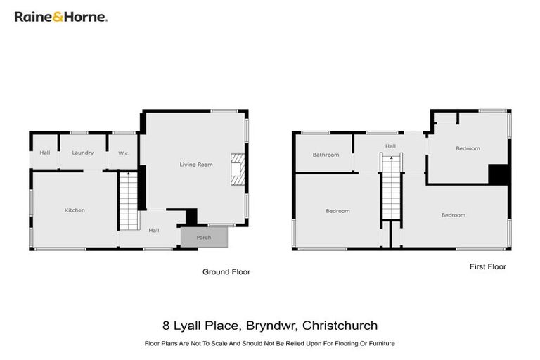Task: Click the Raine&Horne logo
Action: tap(61, 16)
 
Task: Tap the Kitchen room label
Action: tap(75, 210)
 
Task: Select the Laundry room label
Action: tap(83, 152)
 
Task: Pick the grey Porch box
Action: tap(204, 238)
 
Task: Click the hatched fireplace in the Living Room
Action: tap(236, 169)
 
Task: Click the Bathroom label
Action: tap(326, 155)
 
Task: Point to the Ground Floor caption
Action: tap(226, 271)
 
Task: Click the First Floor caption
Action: tap(487, 266)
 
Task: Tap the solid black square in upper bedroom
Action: tap(498, 174)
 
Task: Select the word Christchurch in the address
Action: tap(341, 326)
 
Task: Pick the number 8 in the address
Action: tap(165, 326)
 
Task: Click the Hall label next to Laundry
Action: tap(45, 152)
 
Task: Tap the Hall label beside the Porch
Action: tap(153, 230)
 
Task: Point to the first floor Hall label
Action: tap(390, 146)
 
